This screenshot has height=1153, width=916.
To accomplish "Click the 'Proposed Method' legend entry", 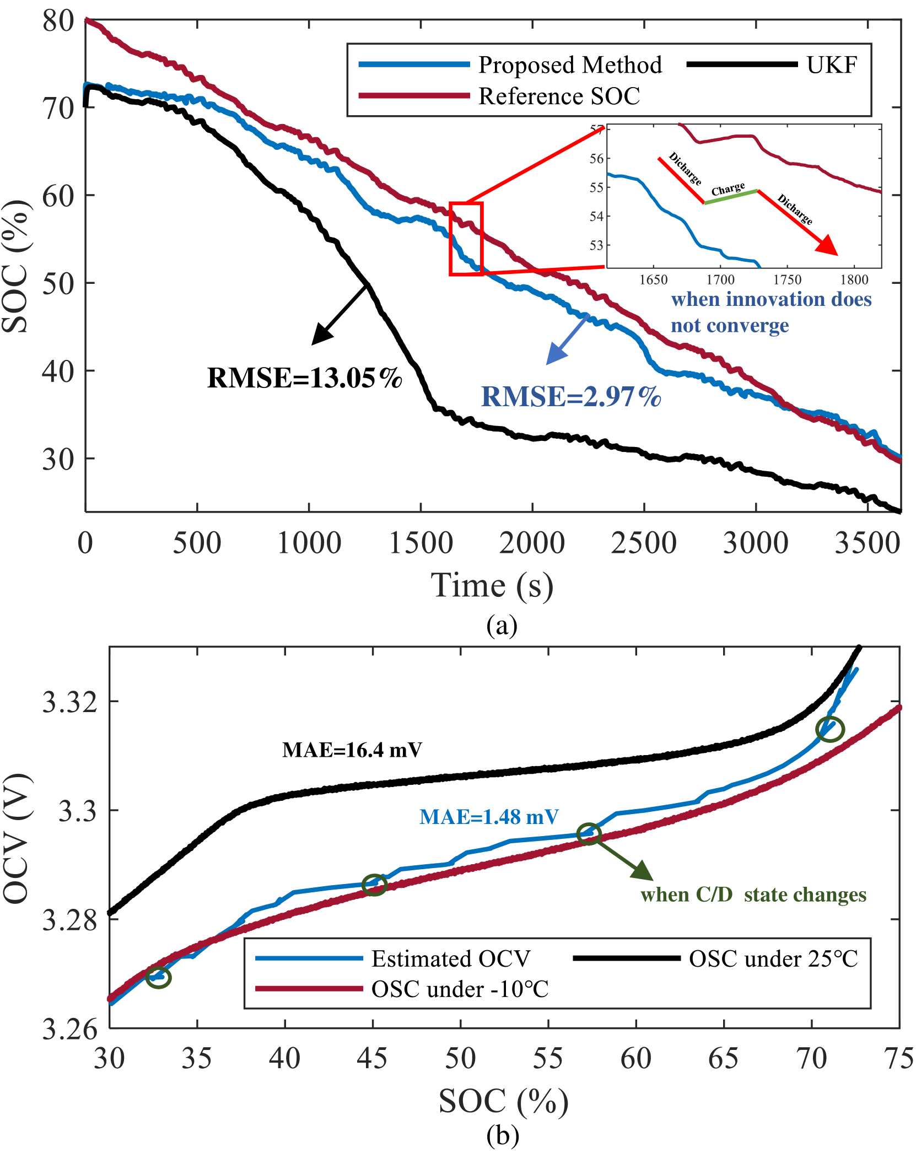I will click(x=570, y=65).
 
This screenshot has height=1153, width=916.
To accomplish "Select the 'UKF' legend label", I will click(x=832, y=65).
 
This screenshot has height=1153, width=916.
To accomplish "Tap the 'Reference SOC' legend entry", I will click(x=559, y=96).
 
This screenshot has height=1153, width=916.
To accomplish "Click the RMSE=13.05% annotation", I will click(x=305, y=378).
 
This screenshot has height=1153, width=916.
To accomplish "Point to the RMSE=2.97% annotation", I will click(x=571, y=397).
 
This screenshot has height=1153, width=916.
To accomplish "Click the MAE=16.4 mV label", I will click(x=352, y=750).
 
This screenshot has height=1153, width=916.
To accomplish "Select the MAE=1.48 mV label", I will click(x=489, y=817).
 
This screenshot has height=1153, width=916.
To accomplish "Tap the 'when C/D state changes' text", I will click(x=753, y=895).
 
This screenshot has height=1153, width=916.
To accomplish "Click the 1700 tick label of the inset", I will click(x=720, y=280).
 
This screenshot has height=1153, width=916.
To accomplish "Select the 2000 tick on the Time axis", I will click(x=532, y=543).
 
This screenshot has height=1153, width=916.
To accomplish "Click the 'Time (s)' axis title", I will click(x=492, y=585).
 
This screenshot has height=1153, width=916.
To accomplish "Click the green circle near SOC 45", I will click(x=374, y=885).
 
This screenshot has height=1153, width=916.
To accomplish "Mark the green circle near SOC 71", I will click(x=829, y=729).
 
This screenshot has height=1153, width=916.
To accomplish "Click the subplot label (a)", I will click(x=502, y=626).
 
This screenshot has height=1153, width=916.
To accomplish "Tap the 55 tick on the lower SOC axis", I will click(x=548, y=1059).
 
